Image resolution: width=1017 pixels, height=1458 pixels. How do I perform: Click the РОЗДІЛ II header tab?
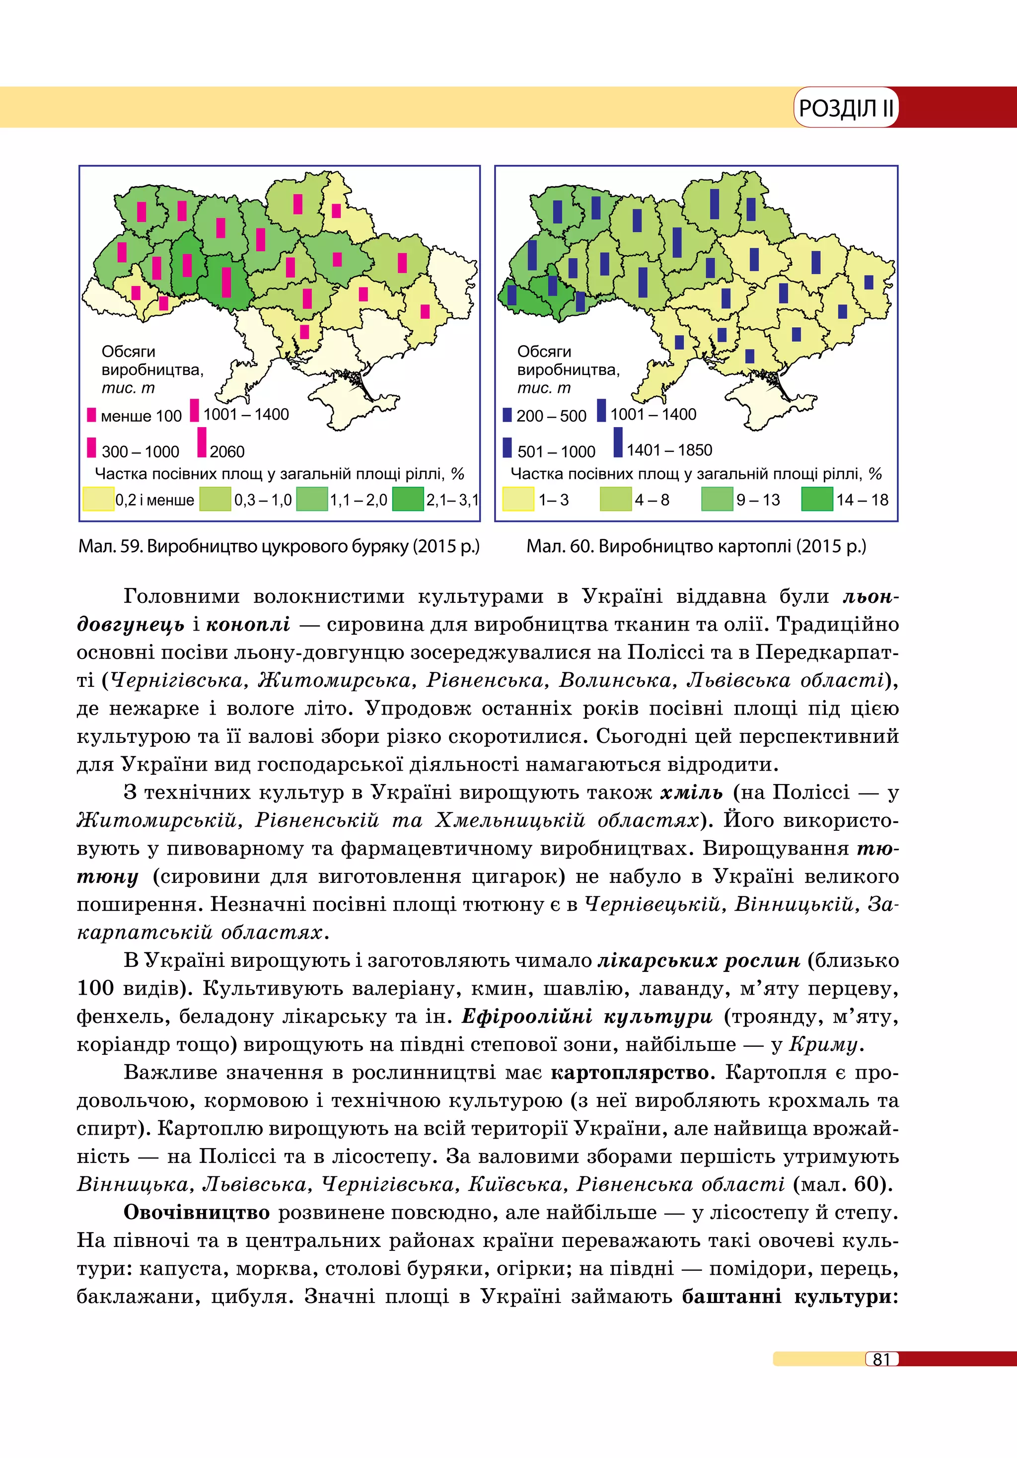[845, 108]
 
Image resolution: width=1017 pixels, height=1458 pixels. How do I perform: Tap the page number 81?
[882, 1359]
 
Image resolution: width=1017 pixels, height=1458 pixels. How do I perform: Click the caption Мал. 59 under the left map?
[279, 546]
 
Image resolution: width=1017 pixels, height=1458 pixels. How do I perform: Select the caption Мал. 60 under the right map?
[696, 546]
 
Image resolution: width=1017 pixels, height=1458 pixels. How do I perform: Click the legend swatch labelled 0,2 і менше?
[98, 499]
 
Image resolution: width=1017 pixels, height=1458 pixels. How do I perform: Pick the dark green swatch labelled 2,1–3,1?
[408, 499]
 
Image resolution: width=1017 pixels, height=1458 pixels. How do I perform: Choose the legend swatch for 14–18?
[816, 499]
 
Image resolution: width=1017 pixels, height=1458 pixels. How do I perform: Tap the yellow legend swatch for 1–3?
[518, 499]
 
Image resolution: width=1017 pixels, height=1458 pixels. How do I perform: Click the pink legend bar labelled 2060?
[202, 442]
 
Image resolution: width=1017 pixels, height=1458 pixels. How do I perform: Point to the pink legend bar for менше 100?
[91, 415]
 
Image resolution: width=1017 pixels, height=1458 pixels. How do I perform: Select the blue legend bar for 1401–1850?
[618, 442]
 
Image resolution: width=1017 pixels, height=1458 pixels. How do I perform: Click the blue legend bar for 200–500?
[507, 415]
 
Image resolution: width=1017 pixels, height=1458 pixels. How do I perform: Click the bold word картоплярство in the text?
[629, 1073]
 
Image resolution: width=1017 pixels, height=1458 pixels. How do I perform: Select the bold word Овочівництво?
[197, 1213]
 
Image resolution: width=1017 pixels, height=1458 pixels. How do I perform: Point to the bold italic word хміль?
[691, 793]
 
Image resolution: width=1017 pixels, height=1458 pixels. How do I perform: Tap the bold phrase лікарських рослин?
[698, 961]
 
